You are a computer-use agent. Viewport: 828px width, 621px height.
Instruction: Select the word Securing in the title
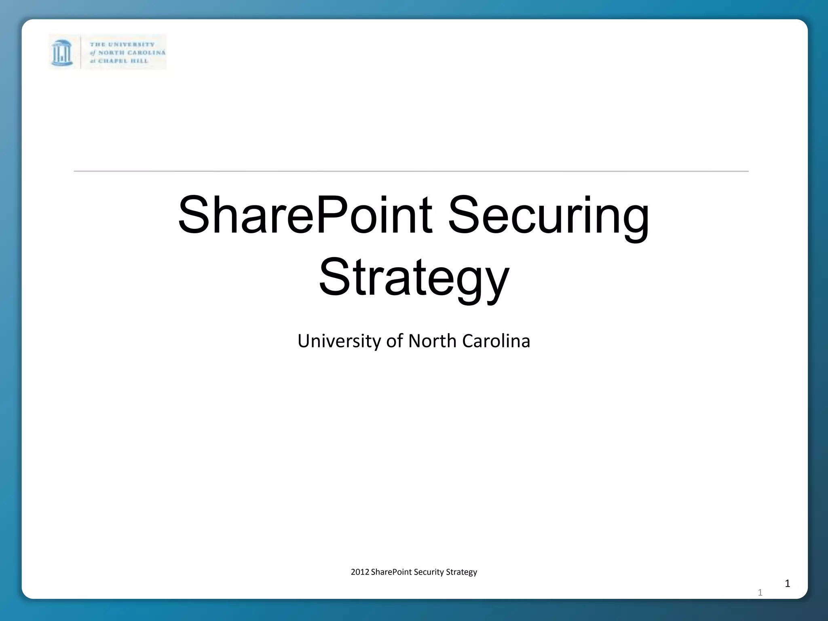548,217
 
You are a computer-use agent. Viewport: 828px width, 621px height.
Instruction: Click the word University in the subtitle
339,341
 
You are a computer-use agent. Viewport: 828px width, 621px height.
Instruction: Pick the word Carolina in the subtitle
496,341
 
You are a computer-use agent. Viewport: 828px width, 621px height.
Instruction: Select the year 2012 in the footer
360,572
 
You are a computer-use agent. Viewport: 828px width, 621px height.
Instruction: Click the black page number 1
787,583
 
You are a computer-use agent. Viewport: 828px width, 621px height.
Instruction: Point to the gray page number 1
760,593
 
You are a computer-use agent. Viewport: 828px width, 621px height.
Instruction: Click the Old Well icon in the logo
62,53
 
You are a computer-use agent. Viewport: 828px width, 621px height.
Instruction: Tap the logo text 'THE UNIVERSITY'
122,44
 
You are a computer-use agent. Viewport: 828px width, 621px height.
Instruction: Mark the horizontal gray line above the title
411,171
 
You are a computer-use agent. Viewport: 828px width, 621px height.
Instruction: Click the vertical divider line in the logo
81,52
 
